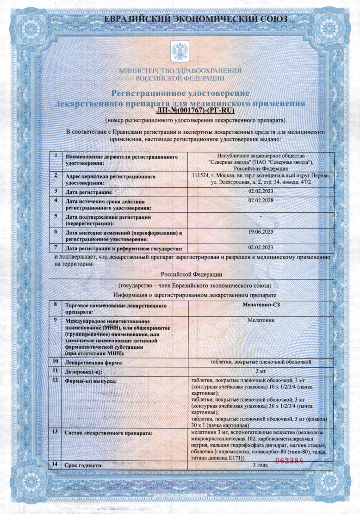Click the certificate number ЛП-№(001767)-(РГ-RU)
point(197,111)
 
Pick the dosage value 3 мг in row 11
point(261,371)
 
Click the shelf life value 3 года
point(261,464)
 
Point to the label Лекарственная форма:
point(94,362)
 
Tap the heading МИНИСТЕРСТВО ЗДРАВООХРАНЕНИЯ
point(180,71)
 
